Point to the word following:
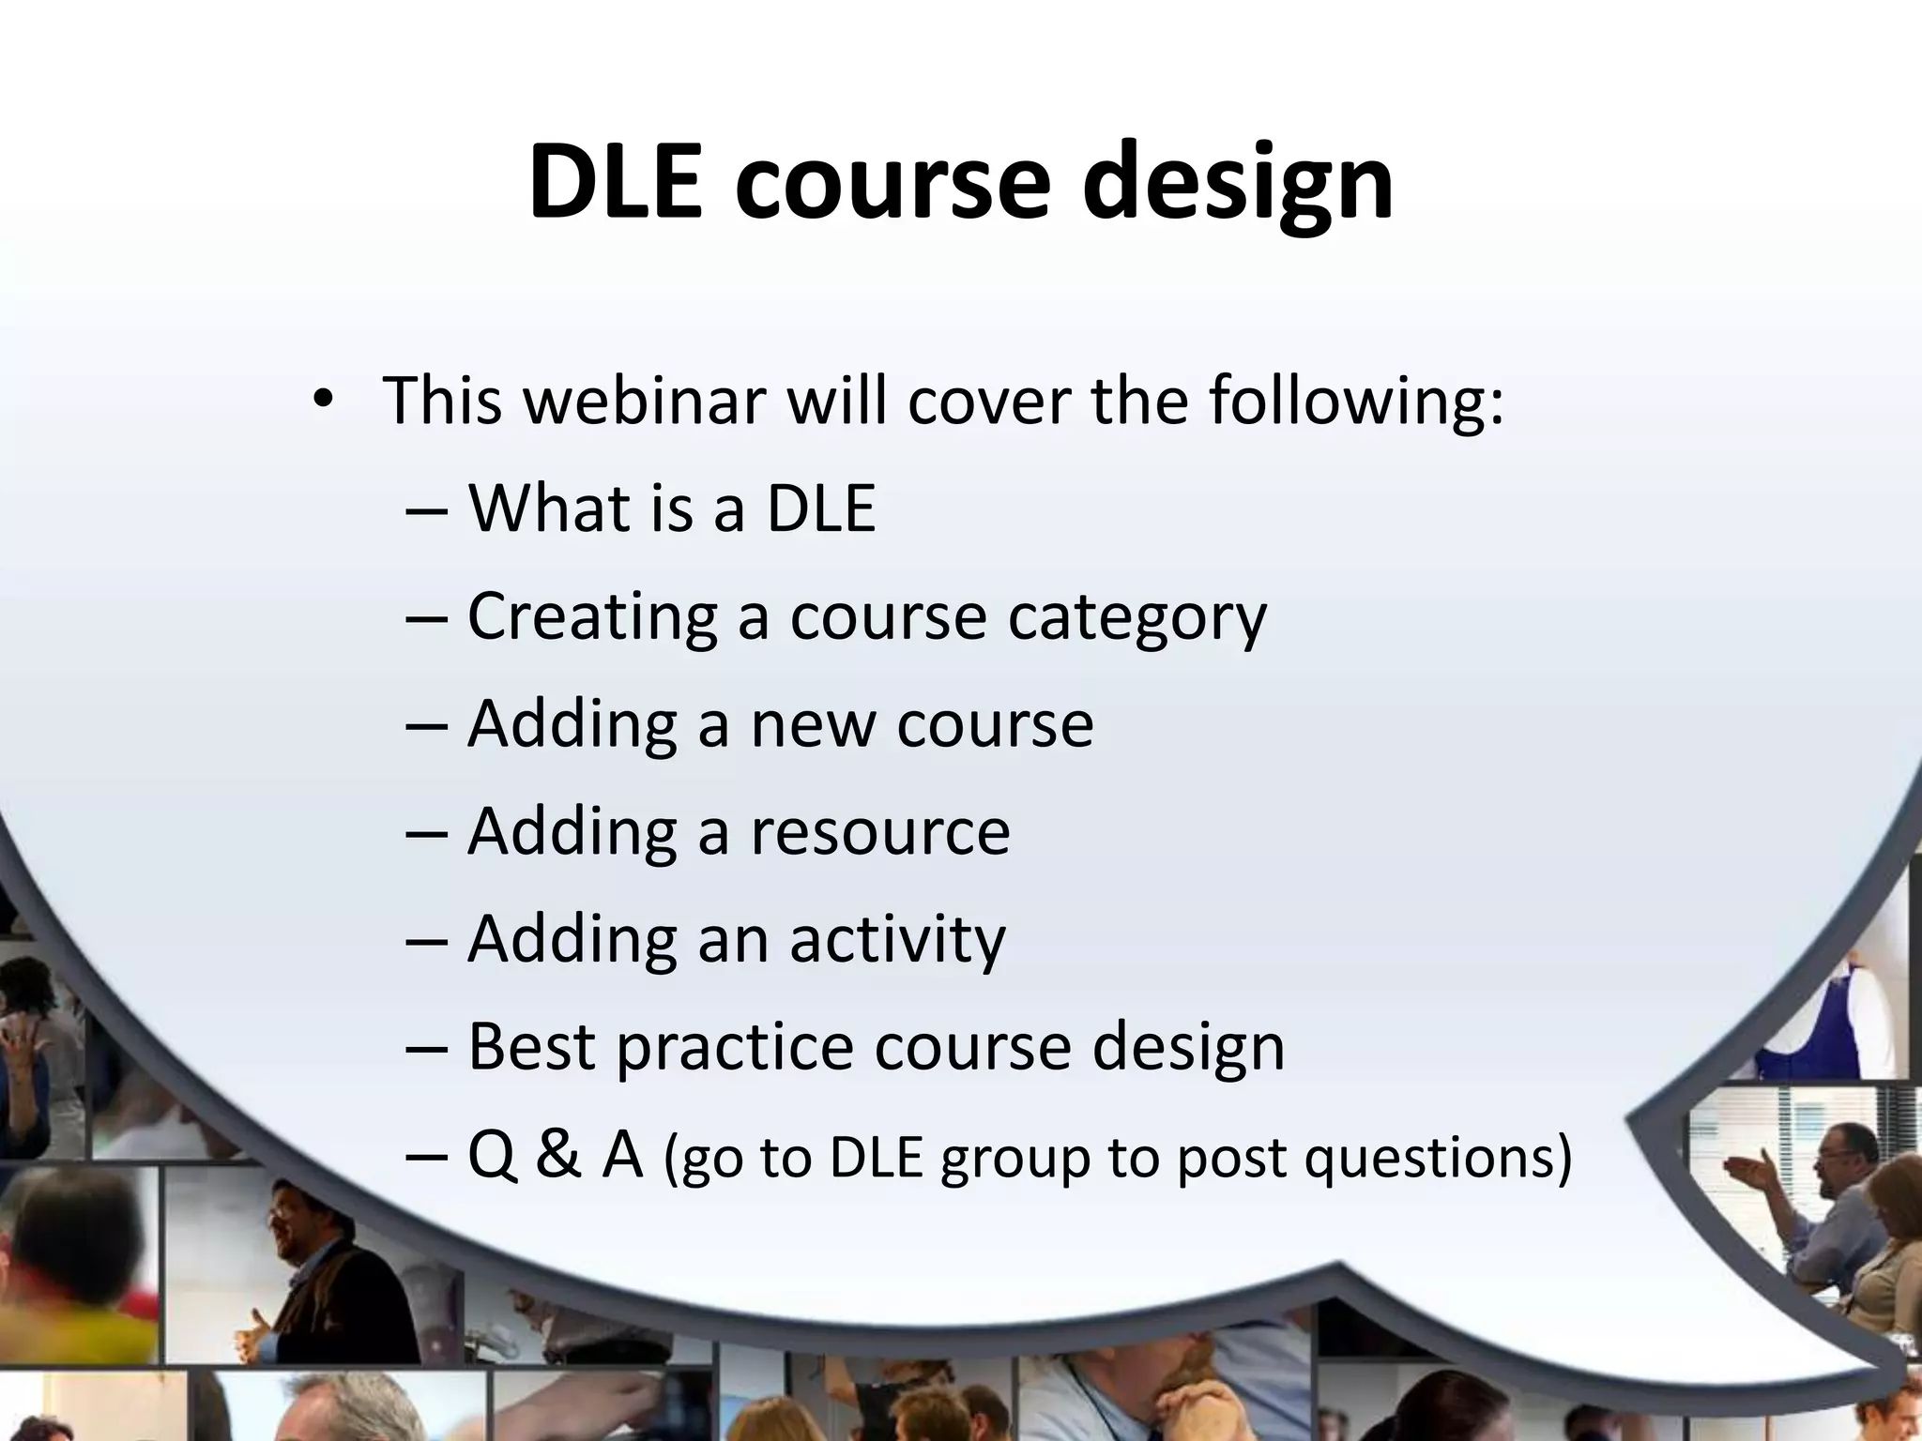point(1355,402)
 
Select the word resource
point(879,832)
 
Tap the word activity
point(896,939)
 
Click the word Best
point(531,1046)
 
